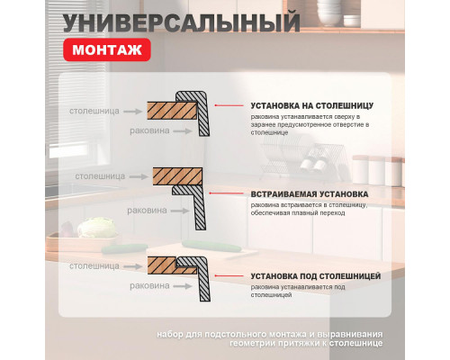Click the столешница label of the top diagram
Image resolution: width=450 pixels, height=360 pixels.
click(93, 112)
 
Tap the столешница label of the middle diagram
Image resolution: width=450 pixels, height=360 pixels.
click(100, 176)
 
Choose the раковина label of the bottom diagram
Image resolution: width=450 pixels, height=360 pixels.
click(148, 285)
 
